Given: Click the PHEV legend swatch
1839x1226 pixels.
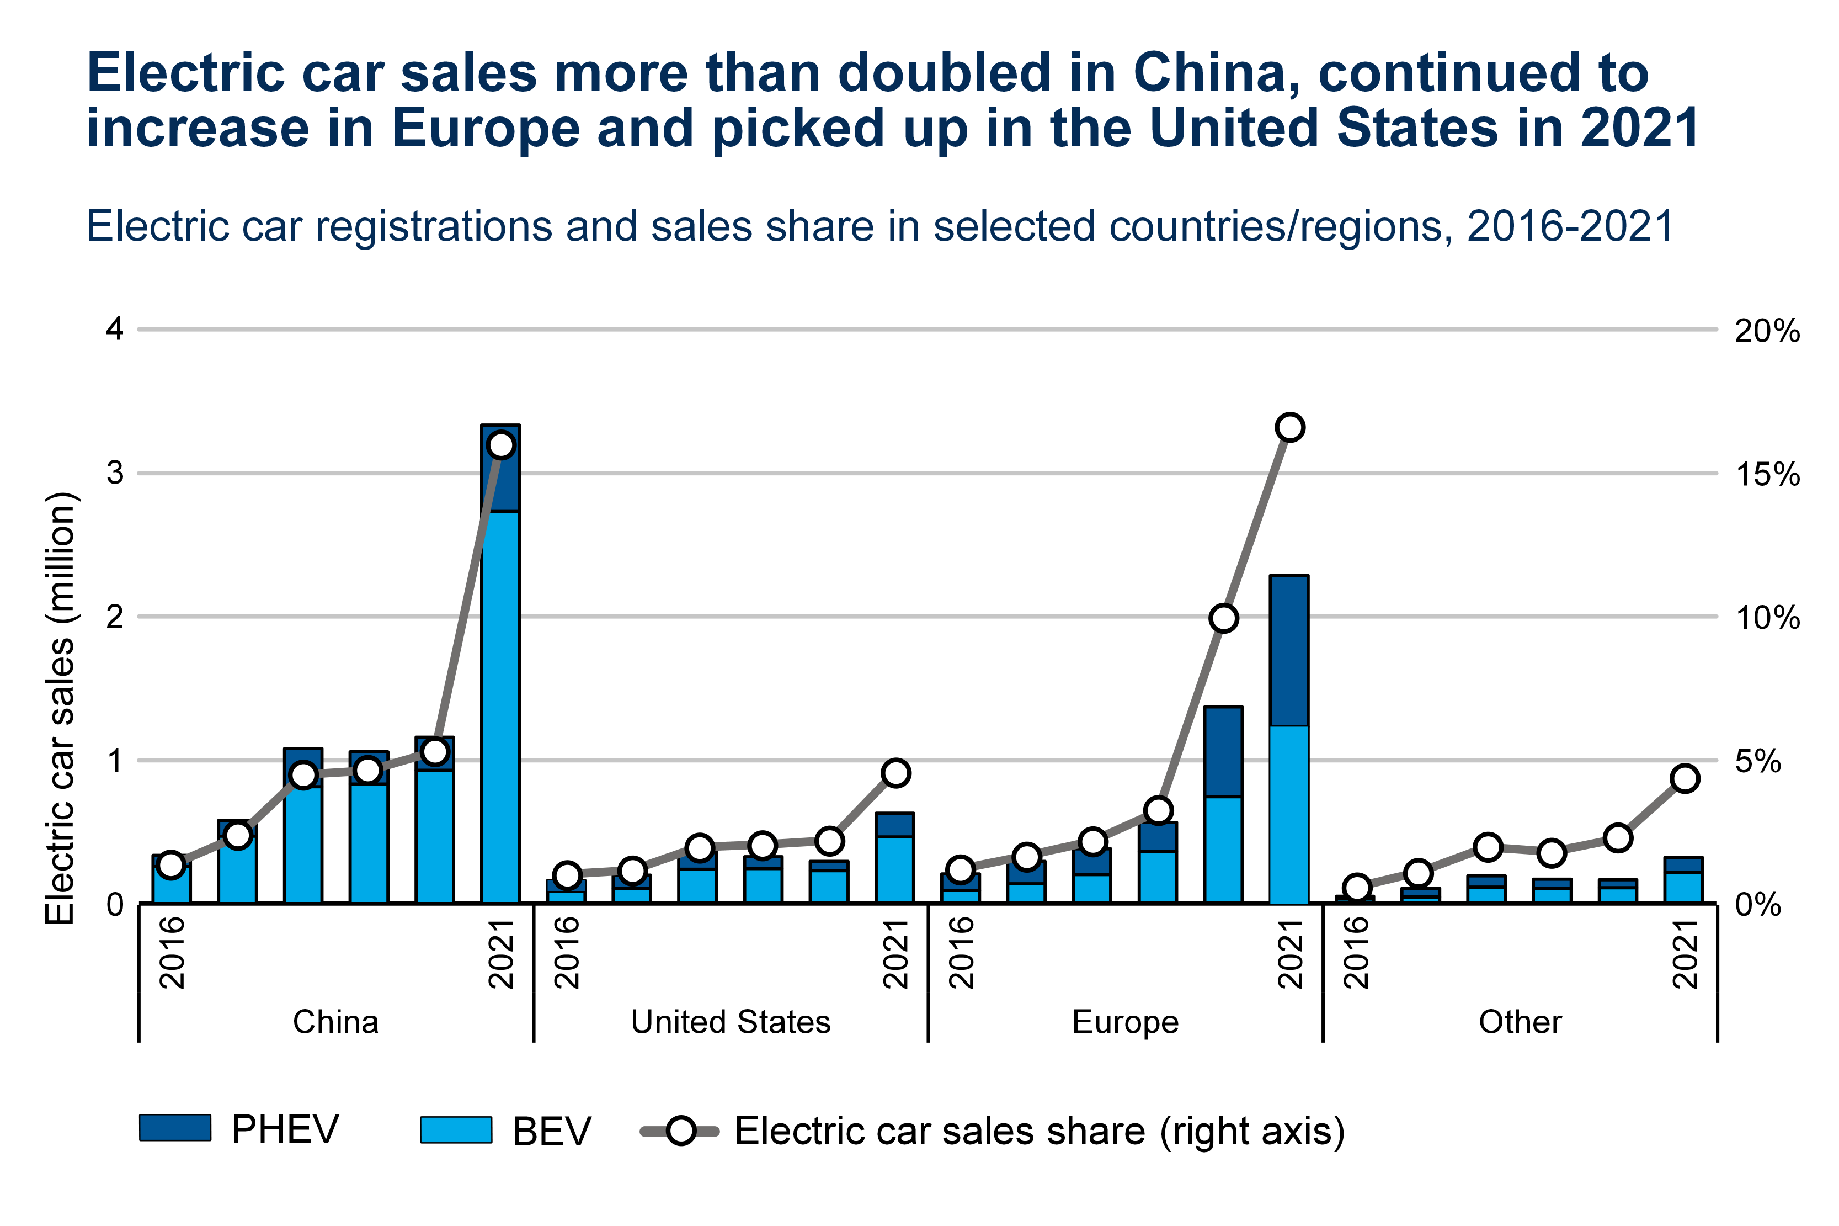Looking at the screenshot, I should click(x=174, y=1128).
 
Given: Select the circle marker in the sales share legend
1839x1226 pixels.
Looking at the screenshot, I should click(x=681, y=1131).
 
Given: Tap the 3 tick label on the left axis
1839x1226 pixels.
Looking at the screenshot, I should click(x=115, y=473).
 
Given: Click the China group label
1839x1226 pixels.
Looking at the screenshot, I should click(x=335, y=1022).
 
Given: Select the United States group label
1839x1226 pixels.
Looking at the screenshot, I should click(x=730, y=1022).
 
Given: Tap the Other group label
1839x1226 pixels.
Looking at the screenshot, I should click(x=1520, y=1022).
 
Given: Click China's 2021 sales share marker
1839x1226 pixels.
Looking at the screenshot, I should click(x=500, y=445).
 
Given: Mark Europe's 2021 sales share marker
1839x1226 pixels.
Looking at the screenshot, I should click(x=1289, y=428).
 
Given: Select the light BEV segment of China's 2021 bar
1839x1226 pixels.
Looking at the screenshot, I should click(x=500, y=704).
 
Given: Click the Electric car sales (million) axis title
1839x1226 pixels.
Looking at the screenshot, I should click(x=60, y=708).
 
